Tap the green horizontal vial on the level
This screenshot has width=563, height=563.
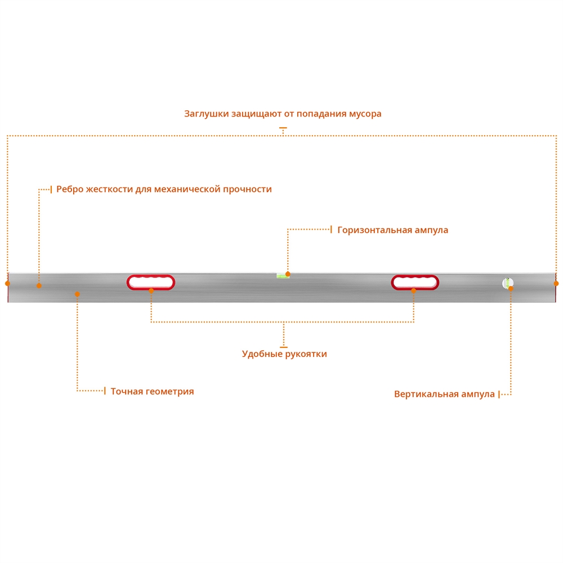pos(281,276)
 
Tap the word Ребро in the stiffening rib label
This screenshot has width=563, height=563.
pos(70,189)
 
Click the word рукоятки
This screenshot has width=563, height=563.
pos(306,354)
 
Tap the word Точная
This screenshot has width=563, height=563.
pos(126,391)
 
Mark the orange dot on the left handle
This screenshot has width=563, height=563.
pos(151,291)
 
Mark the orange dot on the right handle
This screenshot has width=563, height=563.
pos(414,291)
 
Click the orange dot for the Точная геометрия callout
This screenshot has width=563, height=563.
pos(78,294)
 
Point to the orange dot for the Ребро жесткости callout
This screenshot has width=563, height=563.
pos(39,286)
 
